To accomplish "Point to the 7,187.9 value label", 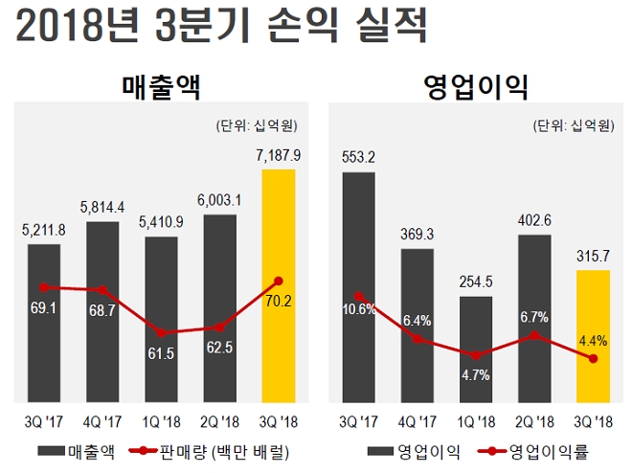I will point(280,154).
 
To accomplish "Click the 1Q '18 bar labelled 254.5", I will point(475,349).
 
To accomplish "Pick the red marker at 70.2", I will point(278,281).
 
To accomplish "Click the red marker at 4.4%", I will point(594,359).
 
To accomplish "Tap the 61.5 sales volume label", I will point(162,353).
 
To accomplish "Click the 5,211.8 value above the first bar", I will point(44,230).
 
